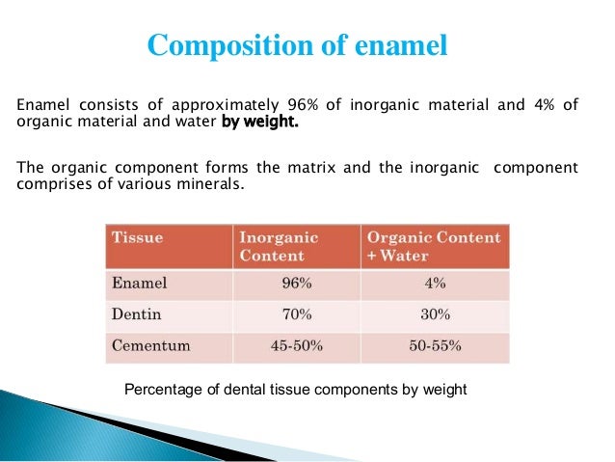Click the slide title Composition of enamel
297,45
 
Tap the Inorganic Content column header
279,247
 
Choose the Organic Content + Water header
434,247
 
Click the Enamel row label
141,284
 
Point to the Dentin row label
138,314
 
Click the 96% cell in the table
296,284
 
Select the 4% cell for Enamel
434,284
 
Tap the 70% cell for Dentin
296,314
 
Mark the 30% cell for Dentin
434,314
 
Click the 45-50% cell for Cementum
296,344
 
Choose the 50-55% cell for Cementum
434,344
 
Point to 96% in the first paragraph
302,105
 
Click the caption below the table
297,389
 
